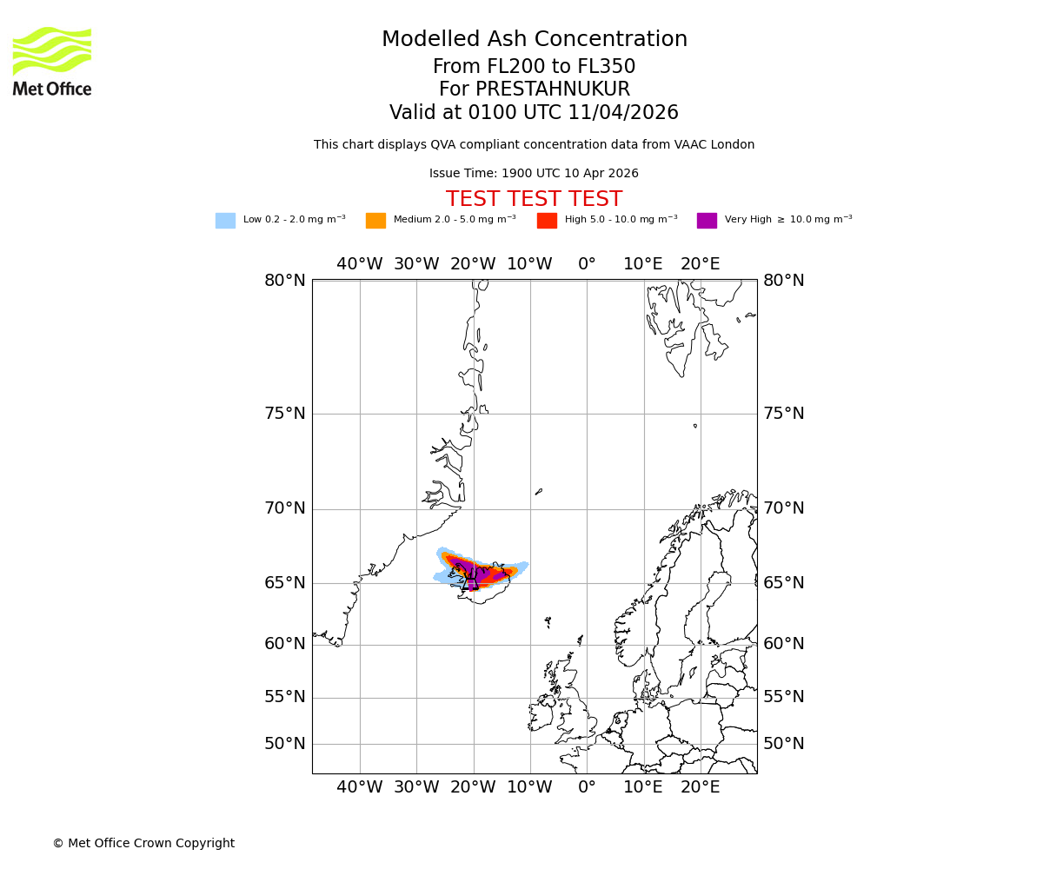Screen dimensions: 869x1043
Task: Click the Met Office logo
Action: (x=52, y=61)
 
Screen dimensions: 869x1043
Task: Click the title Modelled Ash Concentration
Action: (x=534, y=40)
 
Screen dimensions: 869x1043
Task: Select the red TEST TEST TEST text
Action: (x=534, y=200)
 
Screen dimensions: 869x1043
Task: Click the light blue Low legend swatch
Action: (x=225, y=221)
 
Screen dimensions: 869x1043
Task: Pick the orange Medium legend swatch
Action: (x=375, y=221)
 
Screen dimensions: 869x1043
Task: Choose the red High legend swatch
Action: (x=547, y=221)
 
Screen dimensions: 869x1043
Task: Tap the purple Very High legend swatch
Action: (x=707, y=221)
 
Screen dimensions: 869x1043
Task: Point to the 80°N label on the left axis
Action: (x=285, y=281)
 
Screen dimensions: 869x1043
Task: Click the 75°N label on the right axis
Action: (x=784, y=414)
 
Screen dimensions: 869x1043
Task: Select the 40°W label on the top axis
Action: (x=360, y=264)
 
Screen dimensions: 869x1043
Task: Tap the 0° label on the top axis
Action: (x=587, y=264)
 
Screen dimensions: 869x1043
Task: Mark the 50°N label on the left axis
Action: (x=285, y=744)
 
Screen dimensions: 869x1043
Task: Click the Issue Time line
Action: (x=534, y=174)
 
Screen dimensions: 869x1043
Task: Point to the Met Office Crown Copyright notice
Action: (x=143, y=844)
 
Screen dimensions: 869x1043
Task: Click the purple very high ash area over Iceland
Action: (x=473, y=571)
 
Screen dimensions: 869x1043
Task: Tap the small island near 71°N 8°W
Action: (x=539, y=492)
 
